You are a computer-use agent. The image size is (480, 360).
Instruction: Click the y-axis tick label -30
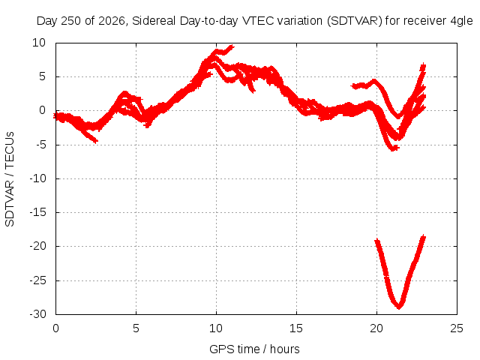(38, 314)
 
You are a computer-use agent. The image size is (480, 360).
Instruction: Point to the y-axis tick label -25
(38, 280)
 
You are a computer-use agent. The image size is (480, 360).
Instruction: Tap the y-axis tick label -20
(38, 246)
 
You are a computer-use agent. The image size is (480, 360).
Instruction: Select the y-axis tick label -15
(38, 211)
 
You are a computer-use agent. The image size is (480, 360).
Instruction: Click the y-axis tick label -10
(38, 178)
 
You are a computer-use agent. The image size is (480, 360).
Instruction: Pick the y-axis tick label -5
(40, 145)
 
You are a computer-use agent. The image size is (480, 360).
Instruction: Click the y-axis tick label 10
(39, 43)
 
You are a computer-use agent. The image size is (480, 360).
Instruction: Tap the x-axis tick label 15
(296, 328)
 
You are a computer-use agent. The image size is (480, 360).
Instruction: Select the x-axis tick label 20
(376, 328)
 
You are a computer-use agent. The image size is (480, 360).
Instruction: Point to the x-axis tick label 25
(457, 328)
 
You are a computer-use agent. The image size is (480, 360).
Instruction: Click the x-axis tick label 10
(216, 328)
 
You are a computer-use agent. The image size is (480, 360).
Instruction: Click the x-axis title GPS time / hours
(254, 349)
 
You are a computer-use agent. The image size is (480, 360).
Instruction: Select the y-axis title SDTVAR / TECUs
(10, 179)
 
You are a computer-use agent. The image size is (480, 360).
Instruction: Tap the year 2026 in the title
(112, 22)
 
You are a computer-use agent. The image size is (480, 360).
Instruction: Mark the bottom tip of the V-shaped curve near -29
(398, 307)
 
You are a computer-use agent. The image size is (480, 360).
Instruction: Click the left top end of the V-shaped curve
(377, 241)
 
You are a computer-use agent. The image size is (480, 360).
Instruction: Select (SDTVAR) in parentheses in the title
(355, 21)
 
